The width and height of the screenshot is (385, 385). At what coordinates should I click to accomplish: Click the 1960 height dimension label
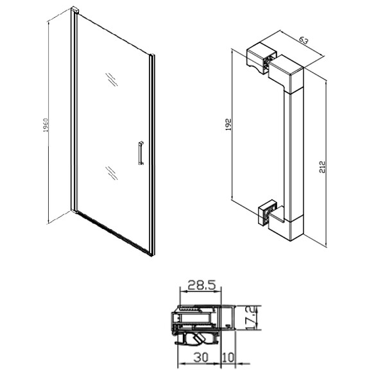pos(46,125)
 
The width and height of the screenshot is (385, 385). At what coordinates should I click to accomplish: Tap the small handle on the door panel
pos(141,153)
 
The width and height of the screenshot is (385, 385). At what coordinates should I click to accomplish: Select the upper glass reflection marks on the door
pos(112,80)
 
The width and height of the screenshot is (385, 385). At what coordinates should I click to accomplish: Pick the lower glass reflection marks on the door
pos(112,173)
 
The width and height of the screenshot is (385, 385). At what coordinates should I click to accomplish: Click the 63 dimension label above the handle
pos(304,40)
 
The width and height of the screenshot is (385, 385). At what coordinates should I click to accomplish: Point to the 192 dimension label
pos(228,124)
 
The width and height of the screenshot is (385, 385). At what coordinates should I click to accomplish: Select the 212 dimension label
pos(322,167)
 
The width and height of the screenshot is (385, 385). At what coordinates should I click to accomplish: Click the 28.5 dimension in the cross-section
pos(201,286)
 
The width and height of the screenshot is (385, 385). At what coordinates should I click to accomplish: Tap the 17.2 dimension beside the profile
pos(254,318)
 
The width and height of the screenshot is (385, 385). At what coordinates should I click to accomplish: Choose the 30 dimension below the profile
pos(201,357)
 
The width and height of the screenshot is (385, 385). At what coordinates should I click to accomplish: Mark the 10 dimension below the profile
pos(228,357)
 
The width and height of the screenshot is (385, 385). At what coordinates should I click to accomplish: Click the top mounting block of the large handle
pos(262,58)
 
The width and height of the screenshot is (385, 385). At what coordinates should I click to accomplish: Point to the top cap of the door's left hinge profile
pos(75,10)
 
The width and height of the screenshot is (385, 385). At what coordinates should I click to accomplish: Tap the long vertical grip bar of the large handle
pos(294,155)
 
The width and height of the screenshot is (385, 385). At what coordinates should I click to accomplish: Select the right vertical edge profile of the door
pos(152,155)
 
